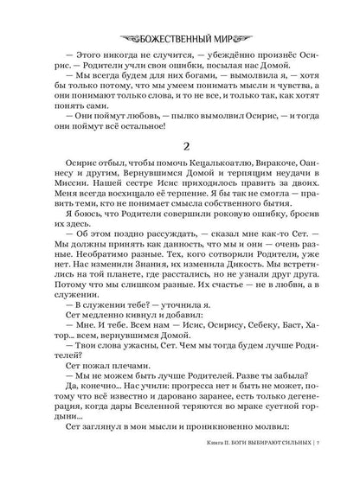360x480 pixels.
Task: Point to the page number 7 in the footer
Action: coord(321,464)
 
